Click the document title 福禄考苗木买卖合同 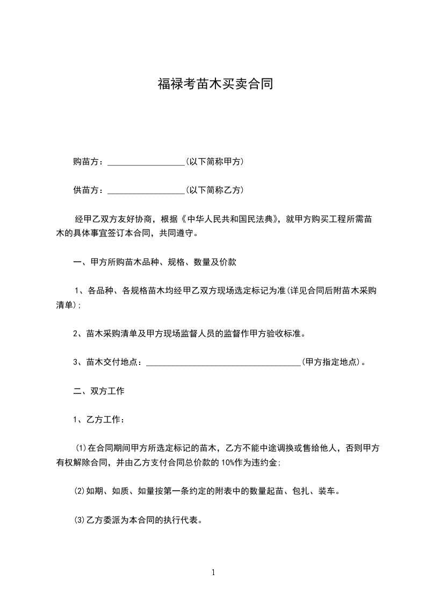tap(215, 84)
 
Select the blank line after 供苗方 tap(146, 190)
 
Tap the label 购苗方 tap(86, 161)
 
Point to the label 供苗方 tap(86, 190)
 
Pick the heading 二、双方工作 tap(99, 391)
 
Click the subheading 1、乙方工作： tap(99, 419)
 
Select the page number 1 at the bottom tap(213, 572)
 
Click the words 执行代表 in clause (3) tap(182, 520)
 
